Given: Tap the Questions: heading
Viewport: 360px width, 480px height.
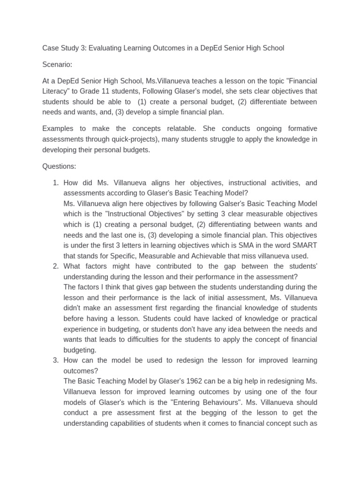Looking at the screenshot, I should [x=59, y=166].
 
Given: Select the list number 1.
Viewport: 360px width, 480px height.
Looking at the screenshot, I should [x=55, y=182].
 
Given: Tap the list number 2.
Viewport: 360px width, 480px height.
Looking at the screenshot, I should [x=55, y=266].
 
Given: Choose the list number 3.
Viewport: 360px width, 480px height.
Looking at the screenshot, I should [x=55, y=360].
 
